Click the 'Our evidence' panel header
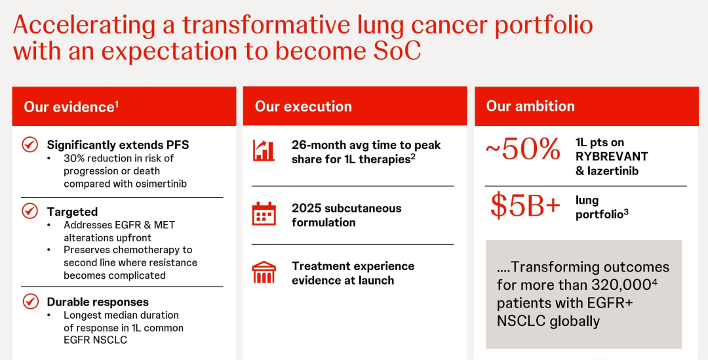(124, 106)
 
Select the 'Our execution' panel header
(355, 106)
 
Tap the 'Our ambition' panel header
(587, 106)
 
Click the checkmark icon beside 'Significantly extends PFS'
(29, 144)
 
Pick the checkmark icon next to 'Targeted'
(29, 211)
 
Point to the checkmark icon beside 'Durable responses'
(29, 301)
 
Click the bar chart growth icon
(264, 150)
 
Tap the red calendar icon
(264, 214)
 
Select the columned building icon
(264, 272)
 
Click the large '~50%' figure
(523, 150)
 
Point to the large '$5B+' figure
(525, 205)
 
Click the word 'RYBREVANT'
(612, 156)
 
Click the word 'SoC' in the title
(397, 51)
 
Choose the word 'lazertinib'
(613, 171)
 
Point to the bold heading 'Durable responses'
(98, 302)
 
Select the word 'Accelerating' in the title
(85, 26)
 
